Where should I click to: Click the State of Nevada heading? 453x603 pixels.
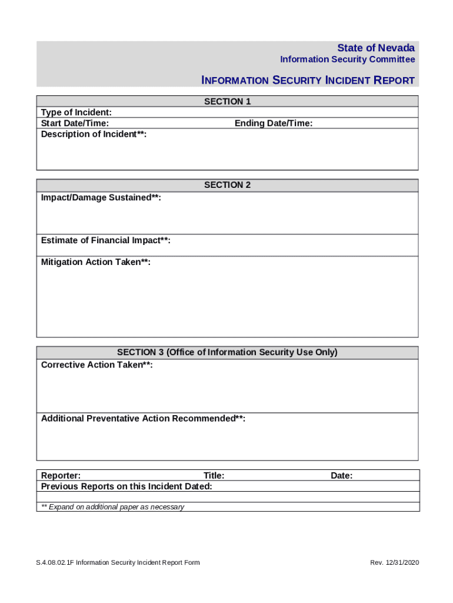point(375,48)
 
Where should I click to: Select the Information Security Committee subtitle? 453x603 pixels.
point(347,59)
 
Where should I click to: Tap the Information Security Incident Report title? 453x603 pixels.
point(308,80)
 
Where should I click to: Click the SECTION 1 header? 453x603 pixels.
point(227,101)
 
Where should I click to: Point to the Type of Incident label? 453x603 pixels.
point(76,112)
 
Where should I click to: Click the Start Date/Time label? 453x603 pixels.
point(75,123)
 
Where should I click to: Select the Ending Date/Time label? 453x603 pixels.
point(274,123)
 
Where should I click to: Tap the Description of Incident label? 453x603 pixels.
point(94,134)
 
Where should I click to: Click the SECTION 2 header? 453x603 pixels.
point(227,185)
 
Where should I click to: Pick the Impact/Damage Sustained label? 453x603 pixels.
point(101,198)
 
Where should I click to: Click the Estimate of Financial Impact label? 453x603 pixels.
point(106,240)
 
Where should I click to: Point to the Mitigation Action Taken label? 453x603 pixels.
point(95,262)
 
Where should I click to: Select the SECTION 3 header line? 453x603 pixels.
point(227,352)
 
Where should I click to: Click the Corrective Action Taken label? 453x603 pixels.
point(97,365)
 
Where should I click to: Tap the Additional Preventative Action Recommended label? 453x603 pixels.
point(143,419)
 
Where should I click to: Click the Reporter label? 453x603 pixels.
point(61,476)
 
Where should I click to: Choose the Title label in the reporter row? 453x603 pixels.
point(214,476)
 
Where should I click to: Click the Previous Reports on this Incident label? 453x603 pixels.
point(126,486)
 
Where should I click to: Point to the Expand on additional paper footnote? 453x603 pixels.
point(112,507)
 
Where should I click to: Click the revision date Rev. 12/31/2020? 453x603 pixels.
point(394,562)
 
